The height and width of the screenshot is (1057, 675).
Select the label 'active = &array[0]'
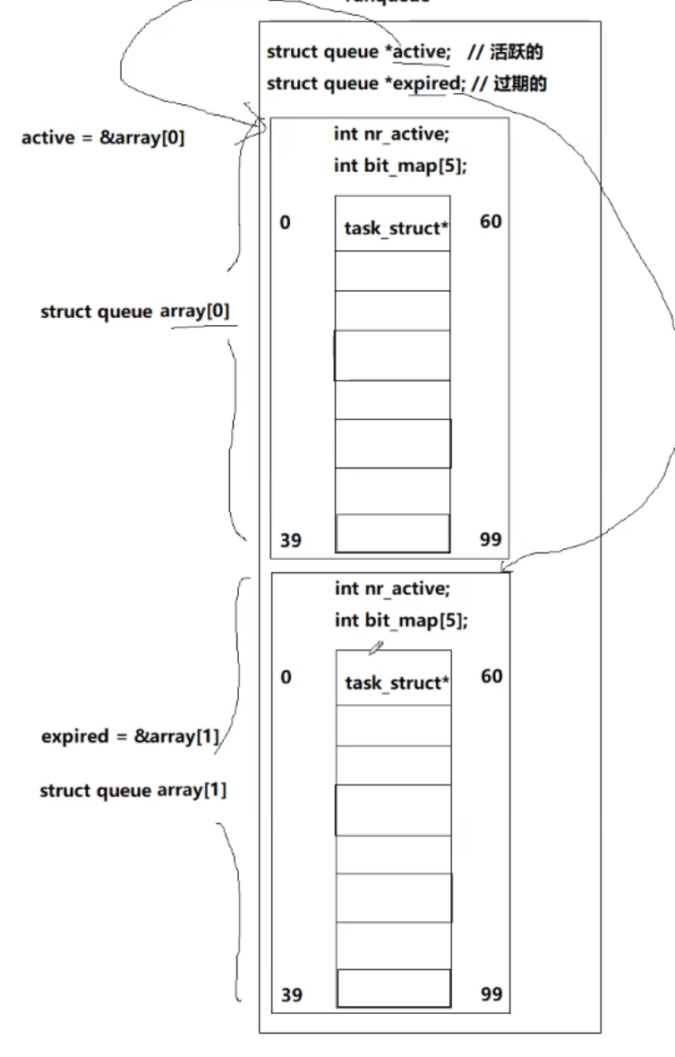tap(103, 139)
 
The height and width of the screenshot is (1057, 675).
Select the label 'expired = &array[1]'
tap(130, 737)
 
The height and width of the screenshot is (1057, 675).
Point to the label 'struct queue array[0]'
tap(134, 312)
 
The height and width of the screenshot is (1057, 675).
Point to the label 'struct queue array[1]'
tap(132, 791)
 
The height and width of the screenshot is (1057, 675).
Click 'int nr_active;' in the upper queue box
tap(392, 134)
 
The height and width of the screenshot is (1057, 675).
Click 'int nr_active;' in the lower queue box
tap(392, 589)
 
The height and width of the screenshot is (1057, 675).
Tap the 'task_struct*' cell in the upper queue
tap(393, 228)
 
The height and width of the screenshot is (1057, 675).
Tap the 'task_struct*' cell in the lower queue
tap(394, 683)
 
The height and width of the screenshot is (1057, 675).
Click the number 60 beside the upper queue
tap(491, 220)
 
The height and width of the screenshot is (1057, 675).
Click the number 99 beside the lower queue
tap(491, 993)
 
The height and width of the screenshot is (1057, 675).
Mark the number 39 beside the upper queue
tap(290, 539)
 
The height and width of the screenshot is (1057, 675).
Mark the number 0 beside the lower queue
tap(285, 677)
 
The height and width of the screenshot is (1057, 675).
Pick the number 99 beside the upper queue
tap(491, 539)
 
